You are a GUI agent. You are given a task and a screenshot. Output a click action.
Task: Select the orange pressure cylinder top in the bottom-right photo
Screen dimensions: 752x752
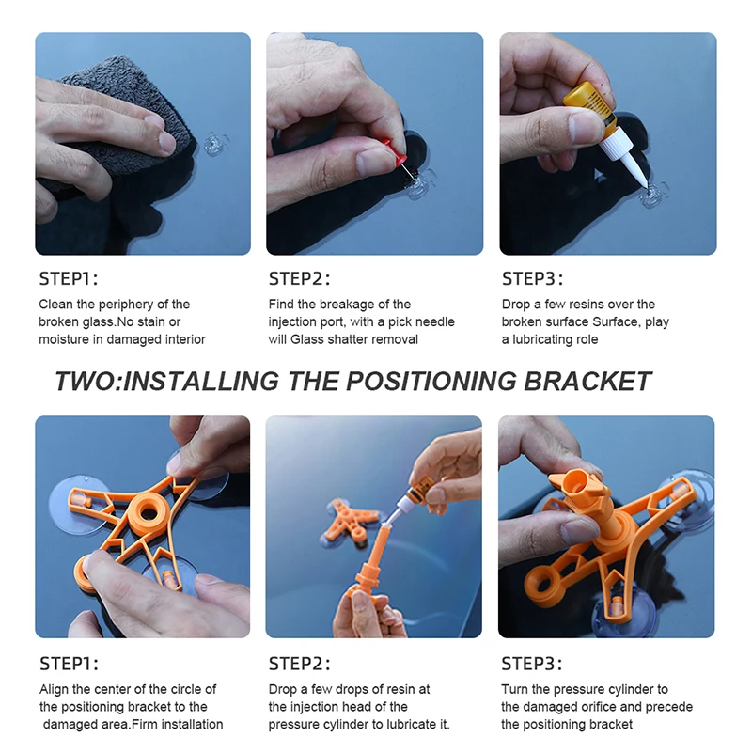pos(577,484)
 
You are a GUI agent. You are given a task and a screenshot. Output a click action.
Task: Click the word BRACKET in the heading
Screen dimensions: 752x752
pos(587,382)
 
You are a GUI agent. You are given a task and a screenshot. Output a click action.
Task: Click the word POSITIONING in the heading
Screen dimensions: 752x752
pos(431,382)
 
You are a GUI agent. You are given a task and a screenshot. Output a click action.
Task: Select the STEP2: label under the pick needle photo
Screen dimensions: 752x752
pos(299,278)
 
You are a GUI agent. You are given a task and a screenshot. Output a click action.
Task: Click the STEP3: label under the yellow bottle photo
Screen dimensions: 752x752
pos(532,278)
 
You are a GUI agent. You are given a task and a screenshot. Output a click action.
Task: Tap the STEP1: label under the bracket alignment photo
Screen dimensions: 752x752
pos(69,664)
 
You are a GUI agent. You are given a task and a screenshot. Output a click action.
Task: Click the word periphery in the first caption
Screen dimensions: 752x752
pos(125,305)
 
